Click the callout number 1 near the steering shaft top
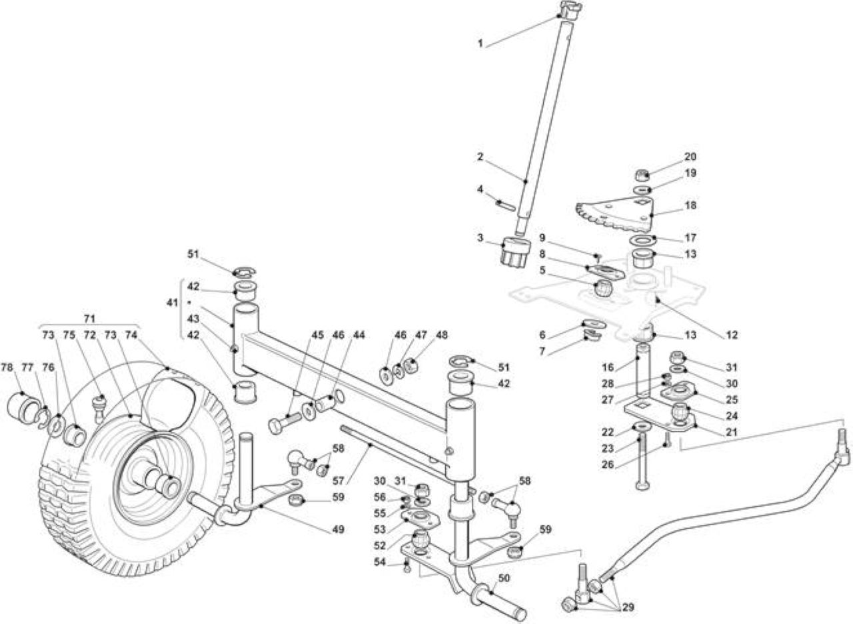480,44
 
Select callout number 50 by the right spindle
503,578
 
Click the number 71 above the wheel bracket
89,319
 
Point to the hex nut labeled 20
642,175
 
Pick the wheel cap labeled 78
22,405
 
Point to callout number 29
628,607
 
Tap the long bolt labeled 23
642,463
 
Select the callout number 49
338,529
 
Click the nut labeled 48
411,367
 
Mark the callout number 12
732,335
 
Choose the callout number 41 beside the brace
173,303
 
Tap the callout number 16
608,367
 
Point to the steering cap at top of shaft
570,10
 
